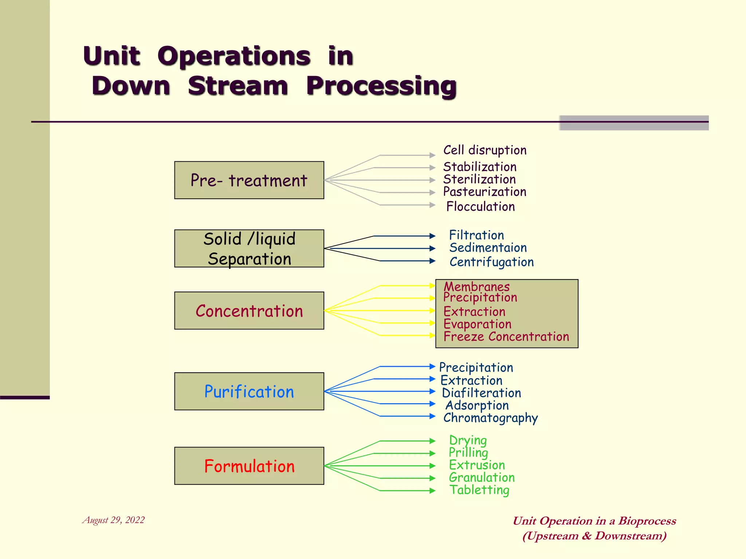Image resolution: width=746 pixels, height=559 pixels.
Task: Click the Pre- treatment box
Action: click(249, 180)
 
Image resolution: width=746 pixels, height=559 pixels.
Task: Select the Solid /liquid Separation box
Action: click(249, 249)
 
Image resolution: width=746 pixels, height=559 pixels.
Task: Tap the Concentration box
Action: click(249, 311)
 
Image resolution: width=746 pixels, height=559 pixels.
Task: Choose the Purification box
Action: click(249, 392)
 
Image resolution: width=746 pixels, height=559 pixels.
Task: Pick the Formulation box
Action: click(249, 466)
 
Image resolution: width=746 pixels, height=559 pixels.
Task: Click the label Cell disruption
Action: click(484, 150)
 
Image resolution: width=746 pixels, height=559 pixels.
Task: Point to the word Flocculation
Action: click(480, 207)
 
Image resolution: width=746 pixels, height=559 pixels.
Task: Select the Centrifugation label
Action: click(491, 262)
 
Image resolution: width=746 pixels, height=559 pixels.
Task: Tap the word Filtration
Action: click(476, 235)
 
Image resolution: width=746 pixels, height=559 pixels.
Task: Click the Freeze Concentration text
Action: click(506, 337)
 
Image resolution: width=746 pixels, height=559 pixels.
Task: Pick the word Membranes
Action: click(476, 287)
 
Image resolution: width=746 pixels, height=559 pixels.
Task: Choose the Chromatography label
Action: click(490, 418)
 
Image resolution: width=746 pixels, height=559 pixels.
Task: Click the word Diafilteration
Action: click(481, 393)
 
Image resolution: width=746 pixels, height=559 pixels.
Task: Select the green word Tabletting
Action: click(479, 490)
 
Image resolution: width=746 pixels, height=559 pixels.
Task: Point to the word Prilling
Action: click(468, 453)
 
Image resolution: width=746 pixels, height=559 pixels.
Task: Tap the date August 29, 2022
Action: click(113, 520)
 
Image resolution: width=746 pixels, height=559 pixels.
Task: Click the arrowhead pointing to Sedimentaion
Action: click(432, 249)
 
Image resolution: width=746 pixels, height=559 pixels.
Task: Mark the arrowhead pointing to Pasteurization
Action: click(432, 193)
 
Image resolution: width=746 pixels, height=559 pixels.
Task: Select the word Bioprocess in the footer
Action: click(647, 521)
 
